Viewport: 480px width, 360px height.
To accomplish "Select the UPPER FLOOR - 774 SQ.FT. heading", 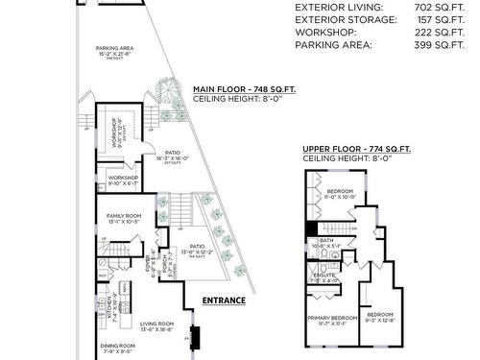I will (356, 149).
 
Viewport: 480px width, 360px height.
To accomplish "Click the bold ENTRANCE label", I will (223, 300).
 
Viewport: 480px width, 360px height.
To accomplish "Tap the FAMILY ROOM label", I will (124, 216).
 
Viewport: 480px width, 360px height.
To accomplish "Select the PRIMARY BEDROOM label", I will (331, 317).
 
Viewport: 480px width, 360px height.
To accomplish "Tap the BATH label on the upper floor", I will (326, 241).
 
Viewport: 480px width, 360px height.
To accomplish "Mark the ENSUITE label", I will (324, 276).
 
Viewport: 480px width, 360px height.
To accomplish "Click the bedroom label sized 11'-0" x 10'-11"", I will (341, 192).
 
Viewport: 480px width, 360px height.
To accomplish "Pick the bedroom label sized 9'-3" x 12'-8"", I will (380, 314).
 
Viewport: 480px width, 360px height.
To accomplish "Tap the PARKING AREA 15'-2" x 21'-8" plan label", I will (114, 49).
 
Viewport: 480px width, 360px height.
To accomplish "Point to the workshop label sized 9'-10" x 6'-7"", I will (122, 178).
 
